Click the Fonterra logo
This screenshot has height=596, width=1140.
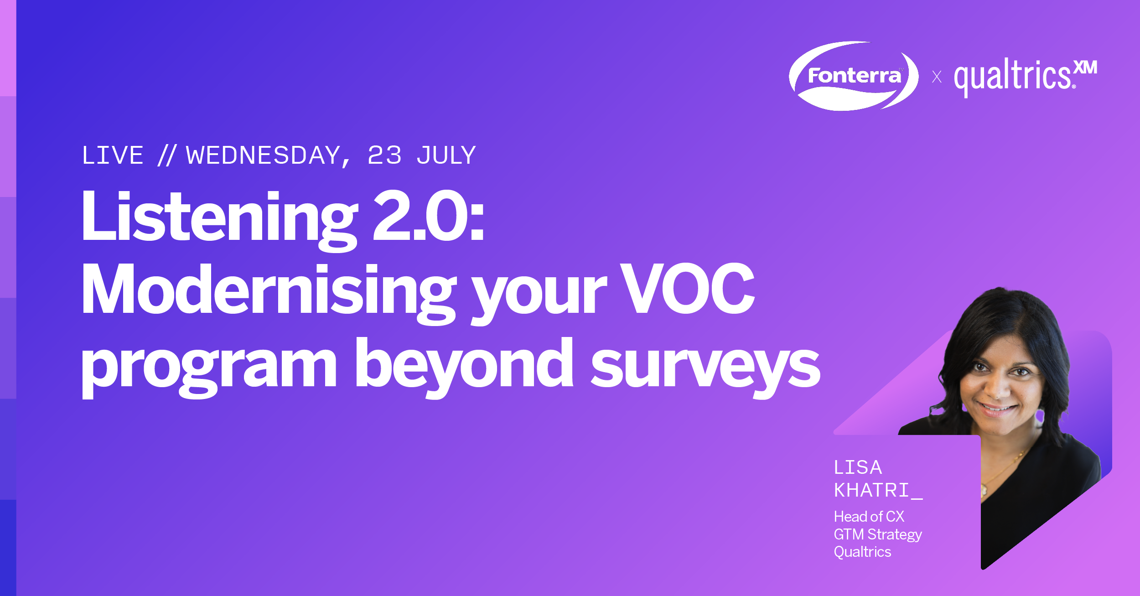[x=854, y=76]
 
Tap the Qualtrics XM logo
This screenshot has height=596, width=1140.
[x=1026, y=77]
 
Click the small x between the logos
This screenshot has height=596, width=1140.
[x=937, y=76]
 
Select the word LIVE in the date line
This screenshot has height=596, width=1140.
[x=113, y=155]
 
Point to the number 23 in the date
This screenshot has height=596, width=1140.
[x=384, y=155]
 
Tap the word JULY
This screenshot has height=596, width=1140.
[x=446, y=155]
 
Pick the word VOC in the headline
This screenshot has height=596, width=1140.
[x=687, y=289]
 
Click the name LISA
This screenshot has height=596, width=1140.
[x=858, y=467]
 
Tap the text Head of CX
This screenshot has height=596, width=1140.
[x=869, y=516]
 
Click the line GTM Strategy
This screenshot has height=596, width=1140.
[x=878, y=534]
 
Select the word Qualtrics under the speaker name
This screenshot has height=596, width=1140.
[x=862, y=552]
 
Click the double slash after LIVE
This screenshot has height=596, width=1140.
[x=167, y=155]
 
